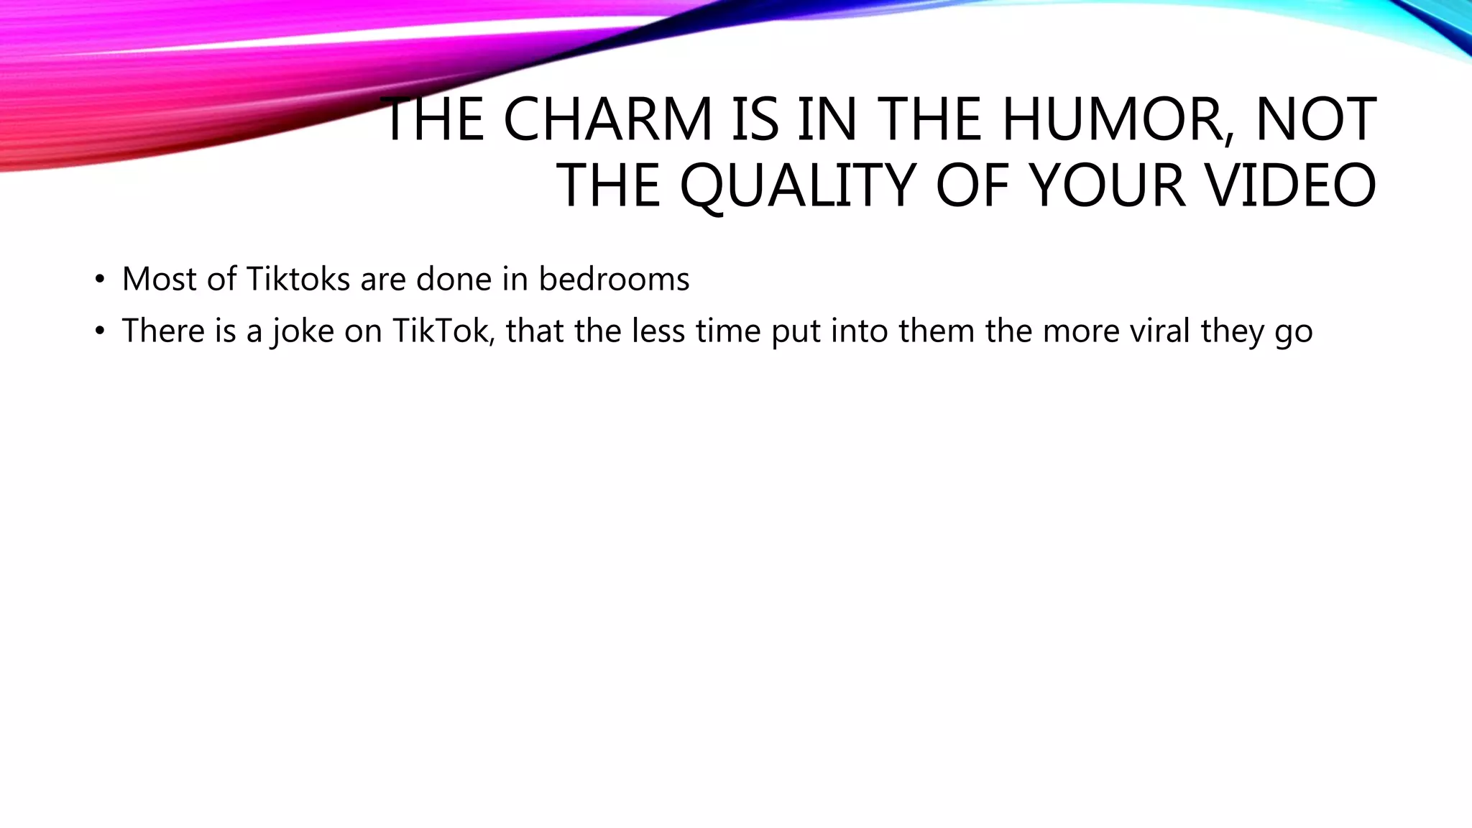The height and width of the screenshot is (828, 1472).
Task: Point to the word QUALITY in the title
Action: coord(797,185)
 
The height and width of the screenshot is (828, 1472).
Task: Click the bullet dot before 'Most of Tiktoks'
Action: coord(100,280)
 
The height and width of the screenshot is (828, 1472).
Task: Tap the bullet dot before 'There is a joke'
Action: coord(100,331)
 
